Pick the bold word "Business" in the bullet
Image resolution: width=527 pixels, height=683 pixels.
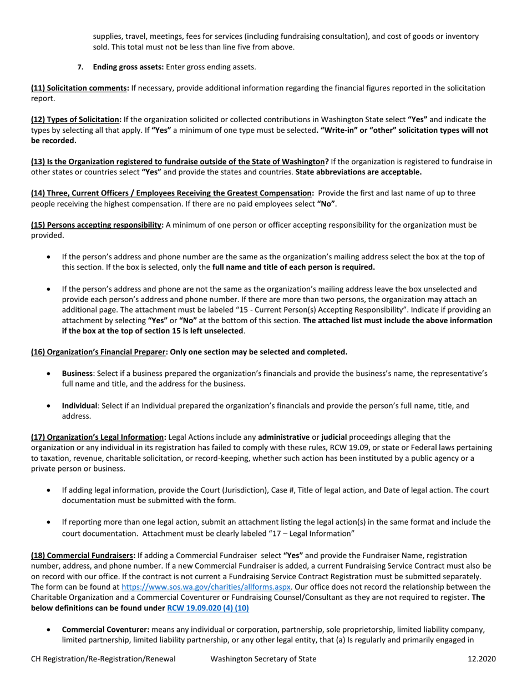(x=77, y=374)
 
